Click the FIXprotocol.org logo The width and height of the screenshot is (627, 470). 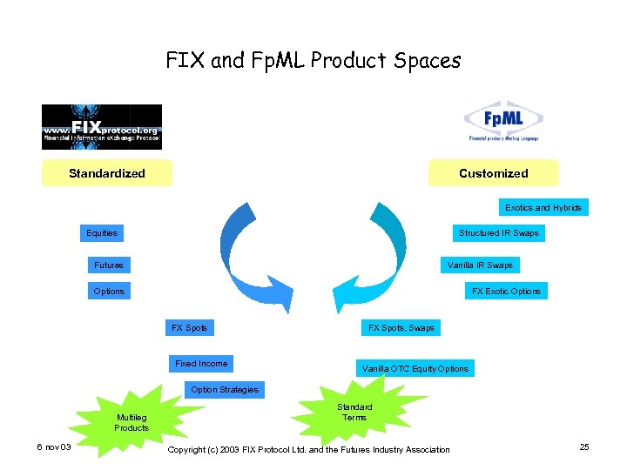102,127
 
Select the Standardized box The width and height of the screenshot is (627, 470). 107,173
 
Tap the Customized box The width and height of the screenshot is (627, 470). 493,173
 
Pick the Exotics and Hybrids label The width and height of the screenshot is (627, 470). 543,207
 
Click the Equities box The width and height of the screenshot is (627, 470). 102,233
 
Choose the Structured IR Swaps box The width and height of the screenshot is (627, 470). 499,233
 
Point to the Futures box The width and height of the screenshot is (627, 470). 109,265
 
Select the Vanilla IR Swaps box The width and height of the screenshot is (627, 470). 480,265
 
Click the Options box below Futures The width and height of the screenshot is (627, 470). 109,291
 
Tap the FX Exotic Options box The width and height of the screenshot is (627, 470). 506,291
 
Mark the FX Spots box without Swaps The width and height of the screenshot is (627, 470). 189,328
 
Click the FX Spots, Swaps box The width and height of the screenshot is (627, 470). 401,328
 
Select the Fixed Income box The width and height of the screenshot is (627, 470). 201,364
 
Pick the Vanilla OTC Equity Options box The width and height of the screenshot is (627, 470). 415,369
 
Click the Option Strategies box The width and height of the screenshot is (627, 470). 225,390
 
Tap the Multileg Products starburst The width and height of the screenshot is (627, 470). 131,422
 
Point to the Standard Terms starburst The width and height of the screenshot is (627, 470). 354,412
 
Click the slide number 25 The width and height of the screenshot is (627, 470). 584,447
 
